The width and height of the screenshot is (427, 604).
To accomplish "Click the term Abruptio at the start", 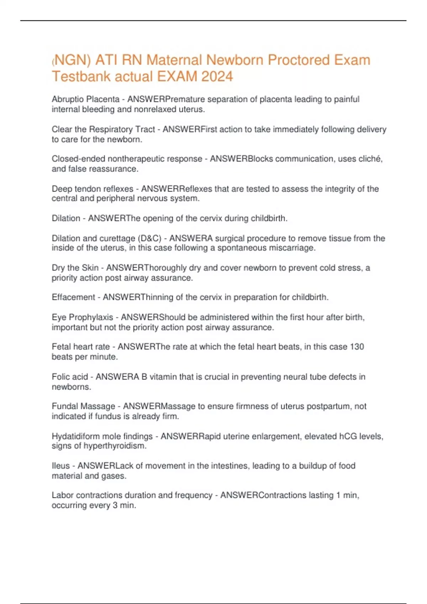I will pyautogui.click(x=66, y=99).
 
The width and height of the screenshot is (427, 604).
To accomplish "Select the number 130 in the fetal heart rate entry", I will pyautogui.click(x=357, y=346).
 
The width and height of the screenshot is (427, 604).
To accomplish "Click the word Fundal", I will pyautogui.click(x=65, y=406).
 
